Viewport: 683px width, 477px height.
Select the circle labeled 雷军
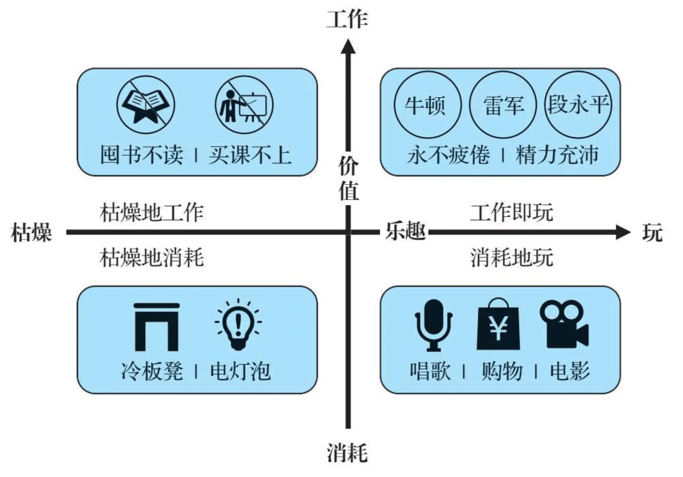(x=502, y=105)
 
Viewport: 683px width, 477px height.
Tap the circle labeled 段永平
(x=578, y=105)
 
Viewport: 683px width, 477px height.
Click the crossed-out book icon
(x=146, y=105)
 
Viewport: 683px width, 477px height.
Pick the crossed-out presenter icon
(x=244, y=105)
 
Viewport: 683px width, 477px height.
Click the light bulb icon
(x=238, y=324)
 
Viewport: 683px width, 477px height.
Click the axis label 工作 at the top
(x=347, y=19)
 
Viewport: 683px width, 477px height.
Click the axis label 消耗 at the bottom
(x=347, y=452)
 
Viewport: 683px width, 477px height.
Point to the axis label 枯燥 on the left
(x=31, y=232)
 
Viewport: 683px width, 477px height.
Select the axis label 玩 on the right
(x=652, y=232)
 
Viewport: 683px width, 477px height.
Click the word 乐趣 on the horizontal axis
(x=405, y=232)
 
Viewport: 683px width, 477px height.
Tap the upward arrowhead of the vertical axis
(x=348, y=47)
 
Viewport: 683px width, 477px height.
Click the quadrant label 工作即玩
(x=511, y=212)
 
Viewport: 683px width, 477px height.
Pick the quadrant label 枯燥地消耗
(x=151, y=258)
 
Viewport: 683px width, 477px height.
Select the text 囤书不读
(x=142, y=155)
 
